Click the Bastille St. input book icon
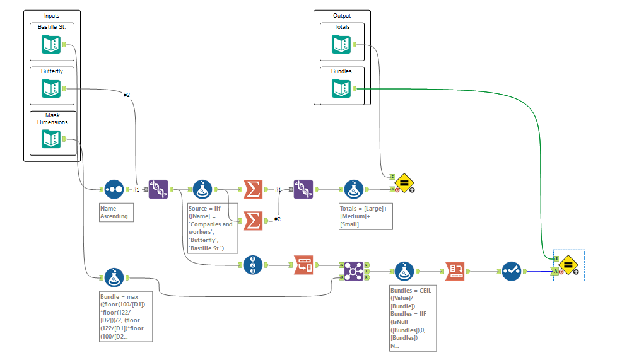click(x=51, y=45)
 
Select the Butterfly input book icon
click(x=51, y=89)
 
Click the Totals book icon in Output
click(x=341, y=44)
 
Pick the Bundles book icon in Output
click(x=341, y=89)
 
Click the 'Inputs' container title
click(x=52, y=16)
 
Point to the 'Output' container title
click(x=342, y=16)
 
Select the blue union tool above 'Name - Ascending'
click(x=114, y=189)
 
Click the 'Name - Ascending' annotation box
click(x=117, y=212)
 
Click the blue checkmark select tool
click(x=512, y=271)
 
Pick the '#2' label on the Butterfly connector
click(x=126, y=95)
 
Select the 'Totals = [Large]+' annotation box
click(x=365, y=216)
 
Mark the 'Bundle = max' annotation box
click(x=126, y=316)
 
